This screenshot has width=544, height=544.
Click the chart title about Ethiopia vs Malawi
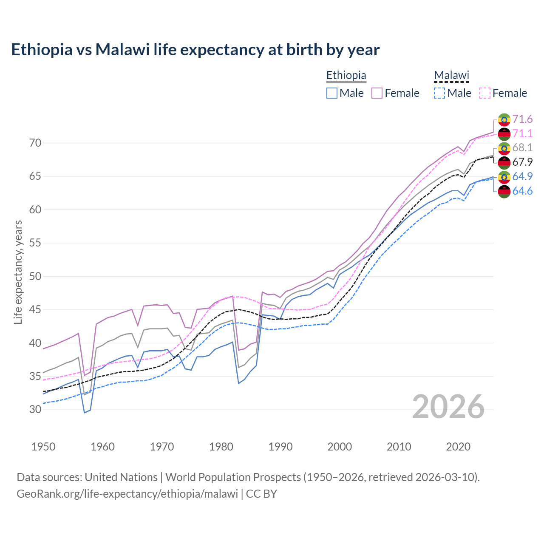pyautogui.click(x=195, y=50)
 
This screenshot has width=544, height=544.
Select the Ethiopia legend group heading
pyautogui.click(x=346, y=75)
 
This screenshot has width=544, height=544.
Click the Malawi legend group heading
pyautogui.click(x=451, y=75)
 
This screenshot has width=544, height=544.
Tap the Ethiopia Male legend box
pyautogui.click(x=332, y=93)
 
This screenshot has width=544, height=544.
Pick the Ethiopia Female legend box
pyautogui.click(x=377, y=93)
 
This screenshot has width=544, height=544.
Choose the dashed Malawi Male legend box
pyautogui.click(x=439, y=93)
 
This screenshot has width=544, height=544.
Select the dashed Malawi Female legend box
pyautogui.click(x=485, y=93)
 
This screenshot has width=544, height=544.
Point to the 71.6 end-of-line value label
pyautogui.click(x=522, y=119)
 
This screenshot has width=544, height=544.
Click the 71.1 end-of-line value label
pyautogui.click(x=522, y=133)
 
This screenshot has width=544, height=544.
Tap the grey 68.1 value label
pyautogui.click(x=522, y=147)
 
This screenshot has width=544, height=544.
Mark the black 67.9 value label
pyautogui.click(x=522, y=162)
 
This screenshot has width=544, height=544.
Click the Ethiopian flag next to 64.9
pyautogui.click(x=504, y=177)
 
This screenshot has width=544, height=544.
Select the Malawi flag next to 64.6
pyautogui.click(x=504, y=191)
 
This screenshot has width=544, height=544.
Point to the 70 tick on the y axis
pyautogui.click(x=35, y=143)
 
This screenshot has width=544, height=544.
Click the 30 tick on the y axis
pyautogui.click(x=35, y=409)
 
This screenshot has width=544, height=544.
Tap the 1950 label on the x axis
pyautogui.click(x=43, y=447)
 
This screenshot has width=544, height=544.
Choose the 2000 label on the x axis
pyautogui.click(x=340, y=447)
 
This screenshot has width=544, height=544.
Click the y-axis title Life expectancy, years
pyautogui.click(x=18, y=272)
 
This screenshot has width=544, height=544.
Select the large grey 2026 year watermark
pyautogui.click(x=448, y=407)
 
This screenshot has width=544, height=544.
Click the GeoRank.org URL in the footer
pyautogui.click(x=127, y=494)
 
